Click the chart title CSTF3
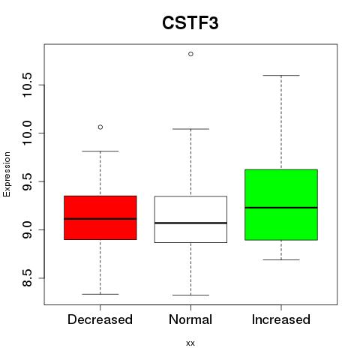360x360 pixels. pos(190,23)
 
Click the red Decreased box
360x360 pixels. pos(100,217)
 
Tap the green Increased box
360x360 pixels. pos(281,205)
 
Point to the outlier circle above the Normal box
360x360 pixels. pos(190,54)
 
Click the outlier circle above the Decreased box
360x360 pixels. pos(100,127)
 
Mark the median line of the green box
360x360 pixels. pos(281,208)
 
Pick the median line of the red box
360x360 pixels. pos(100,219)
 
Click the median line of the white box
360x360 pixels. pos(190,223)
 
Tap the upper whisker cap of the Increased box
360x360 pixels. pos(281,75)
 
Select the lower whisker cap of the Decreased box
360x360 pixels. pos(100,294)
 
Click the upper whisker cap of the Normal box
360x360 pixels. pos(190,129)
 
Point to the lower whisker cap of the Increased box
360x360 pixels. pos(281,259)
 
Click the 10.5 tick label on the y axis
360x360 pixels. pos(27,85)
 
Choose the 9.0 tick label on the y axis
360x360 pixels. pos(27,229)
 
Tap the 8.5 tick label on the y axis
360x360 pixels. pos(27,278)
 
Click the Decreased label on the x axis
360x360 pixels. pos(100,319)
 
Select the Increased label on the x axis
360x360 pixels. pos(281,319)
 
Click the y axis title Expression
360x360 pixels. pos(7,174)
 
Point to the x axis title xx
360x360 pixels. pos(190,343)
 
